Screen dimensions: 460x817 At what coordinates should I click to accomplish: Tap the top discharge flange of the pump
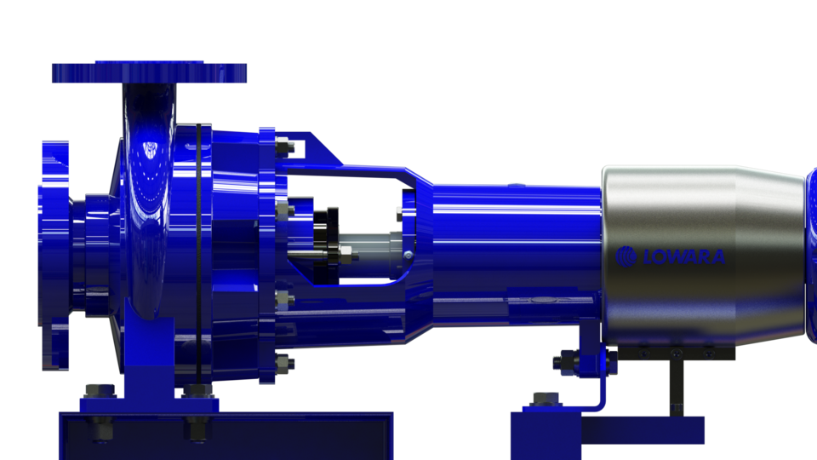(149, 72)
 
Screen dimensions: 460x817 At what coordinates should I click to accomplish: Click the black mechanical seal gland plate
(323, 243)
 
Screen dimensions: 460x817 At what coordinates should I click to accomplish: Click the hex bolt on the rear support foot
(544, 398)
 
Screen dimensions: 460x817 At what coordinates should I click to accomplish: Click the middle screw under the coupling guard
(676, 352)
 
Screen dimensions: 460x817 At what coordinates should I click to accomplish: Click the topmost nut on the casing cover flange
(285, 148)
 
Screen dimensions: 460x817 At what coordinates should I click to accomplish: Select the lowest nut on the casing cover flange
(285, 361)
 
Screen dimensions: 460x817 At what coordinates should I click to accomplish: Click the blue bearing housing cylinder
(511, 256)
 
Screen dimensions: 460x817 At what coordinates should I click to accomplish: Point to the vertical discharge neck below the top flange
(149, 111)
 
